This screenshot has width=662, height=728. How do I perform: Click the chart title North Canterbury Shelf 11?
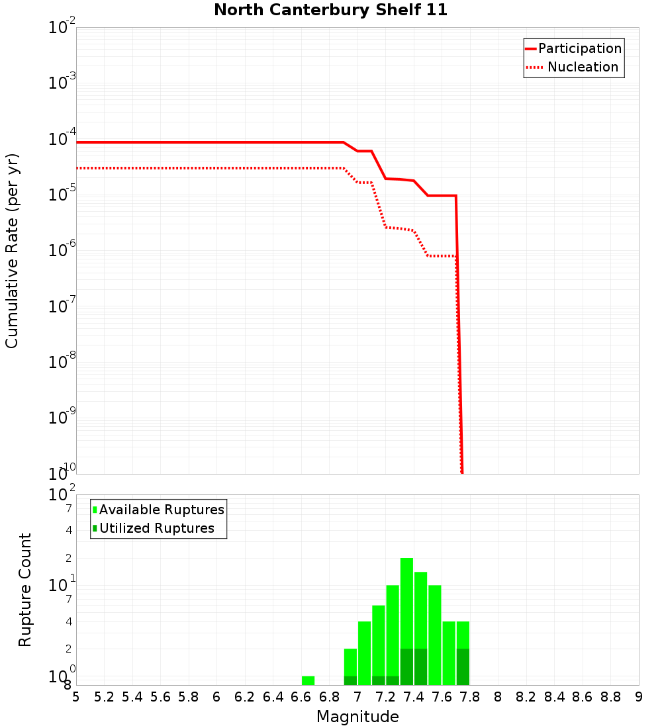click(330, 11)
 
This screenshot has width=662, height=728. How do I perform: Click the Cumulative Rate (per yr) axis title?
click(12, 250)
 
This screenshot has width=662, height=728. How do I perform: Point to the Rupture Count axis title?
click(25, 589)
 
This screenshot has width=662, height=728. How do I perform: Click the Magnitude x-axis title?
click(357, 717)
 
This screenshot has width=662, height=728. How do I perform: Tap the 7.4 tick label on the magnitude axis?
click(414, 697)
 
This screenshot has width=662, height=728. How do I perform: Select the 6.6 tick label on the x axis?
click(301, 697)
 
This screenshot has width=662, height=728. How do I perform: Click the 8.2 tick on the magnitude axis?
click(526, 697)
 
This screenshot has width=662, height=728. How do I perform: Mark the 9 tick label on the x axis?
click(638, 697)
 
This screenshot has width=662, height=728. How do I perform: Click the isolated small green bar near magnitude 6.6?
click(308, 680)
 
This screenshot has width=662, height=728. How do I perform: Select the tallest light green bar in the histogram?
click(406, 602)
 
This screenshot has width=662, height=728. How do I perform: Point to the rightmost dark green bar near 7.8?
click(463, 667)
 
